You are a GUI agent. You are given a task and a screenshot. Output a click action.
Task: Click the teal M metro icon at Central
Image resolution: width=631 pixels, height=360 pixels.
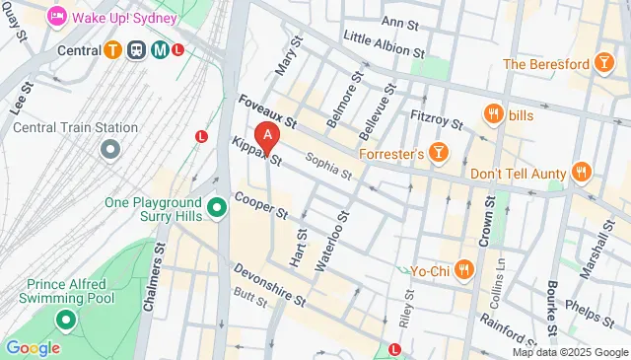pos(158,49)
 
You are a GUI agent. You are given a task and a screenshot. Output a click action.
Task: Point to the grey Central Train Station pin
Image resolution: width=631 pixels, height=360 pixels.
pos(109,150)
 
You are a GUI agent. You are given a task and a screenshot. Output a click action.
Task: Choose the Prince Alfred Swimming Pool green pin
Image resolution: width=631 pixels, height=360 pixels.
pos(66,320)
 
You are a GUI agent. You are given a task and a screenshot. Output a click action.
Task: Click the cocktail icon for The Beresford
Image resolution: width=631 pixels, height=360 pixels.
pos(601,64)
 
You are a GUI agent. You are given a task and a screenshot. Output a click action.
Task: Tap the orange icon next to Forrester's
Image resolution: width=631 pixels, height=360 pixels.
pos(439,154)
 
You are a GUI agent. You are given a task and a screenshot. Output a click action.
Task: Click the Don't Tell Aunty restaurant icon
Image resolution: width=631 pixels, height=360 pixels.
pos(582,173)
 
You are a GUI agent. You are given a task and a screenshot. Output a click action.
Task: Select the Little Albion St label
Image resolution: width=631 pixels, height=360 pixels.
pos(383,44)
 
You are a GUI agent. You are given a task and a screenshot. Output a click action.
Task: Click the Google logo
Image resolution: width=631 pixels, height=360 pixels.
pos(33,347)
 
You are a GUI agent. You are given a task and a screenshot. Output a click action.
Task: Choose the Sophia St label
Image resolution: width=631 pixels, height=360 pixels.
pos(328,166)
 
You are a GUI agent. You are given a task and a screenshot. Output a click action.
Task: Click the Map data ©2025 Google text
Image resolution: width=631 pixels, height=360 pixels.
pos(569,352)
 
